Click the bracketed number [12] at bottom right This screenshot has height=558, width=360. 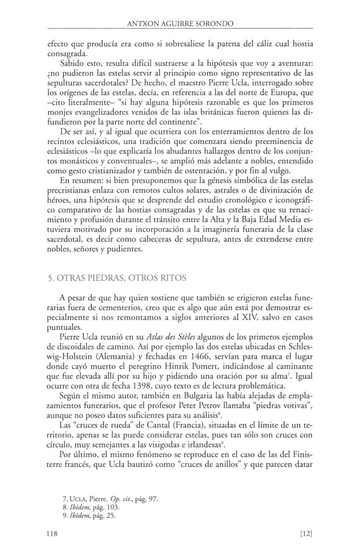(308, 535)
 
